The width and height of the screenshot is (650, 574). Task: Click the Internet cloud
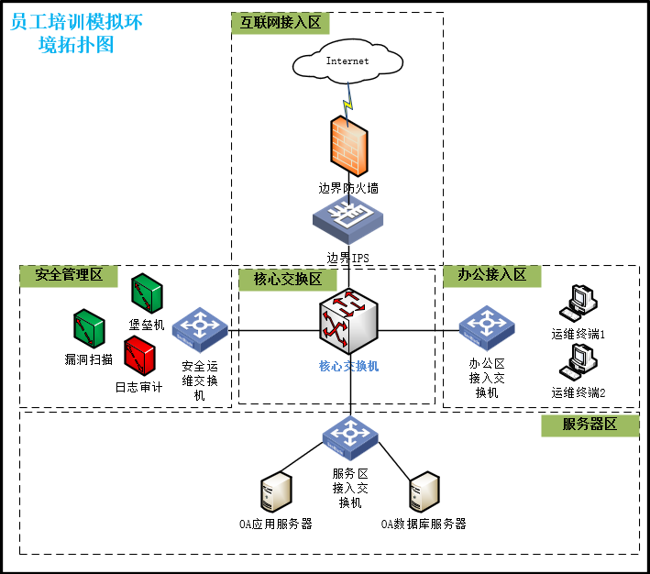(347, 61)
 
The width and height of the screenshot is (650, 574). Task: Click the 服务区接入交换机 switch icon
(349, 438)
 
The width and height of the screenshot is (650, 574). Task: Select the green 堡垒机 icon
(147, 293)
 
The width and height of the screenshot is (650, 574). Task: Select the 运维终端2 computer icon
(579, 361)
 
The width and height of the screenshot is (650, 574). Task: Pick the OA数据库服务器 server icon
(424, 493)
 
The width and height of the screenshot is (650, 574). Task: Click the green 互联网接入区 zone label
(281, 23)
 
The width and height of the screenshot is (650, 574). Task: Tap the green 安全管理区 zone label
(69, 275)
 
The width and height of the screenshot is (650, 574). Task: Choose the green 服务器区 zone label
(589, 425)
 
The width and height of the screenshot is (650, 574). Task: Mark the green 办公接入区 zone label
(492, 275)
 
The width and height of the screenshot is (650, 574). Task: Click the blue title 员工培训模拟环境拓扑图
(77, 33)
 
